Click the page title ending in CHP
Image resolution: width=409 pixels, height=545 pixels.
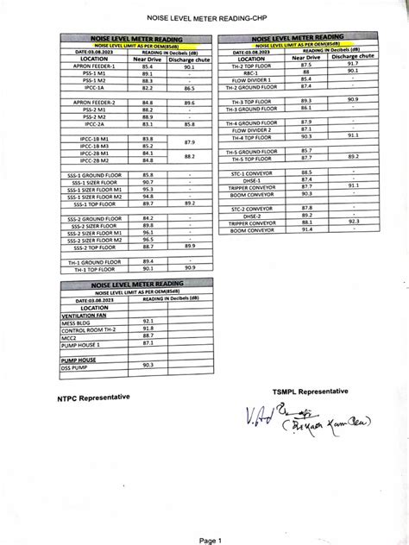[x=204, y=18]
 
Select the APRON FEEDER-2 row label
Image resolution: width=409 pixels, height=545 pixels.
[x=91, y=102]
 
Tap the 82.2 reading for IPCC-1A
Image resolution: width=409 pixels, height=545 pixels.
[x=147, y=88]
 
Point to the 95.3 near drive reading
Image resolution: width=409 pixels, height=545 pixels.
[x=147, y=189]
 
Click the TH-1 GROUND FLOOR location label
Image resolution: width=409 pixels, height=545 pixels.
[x=91, y=260]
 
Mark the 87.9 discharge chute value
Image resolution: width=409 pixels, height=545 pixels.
[x=190, y=141]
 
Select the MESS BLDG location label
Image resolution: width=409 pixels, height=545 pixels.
[x=82, y=320]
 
